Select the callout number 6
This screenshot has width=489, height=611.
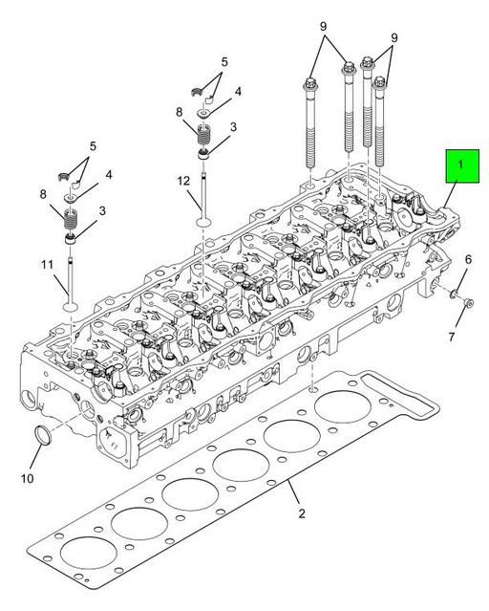tap(468, 259)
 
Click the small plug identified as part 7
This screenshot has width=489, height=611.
tap(468, 304)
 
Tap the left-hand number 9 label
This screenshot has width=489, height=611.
tap(322, 25)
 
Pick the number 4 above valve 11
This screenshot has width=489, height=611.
tap(108, 175)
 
